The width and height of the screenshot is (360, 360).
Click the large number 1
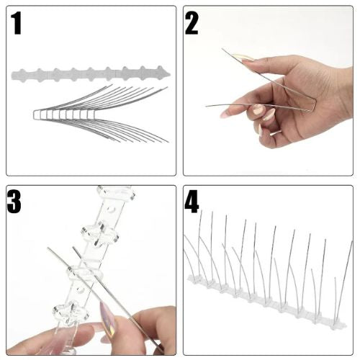[16, 24]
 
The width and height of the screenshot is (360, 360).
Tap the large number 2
[192, 23]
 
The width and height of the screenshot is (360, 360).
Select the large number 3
[14, 202]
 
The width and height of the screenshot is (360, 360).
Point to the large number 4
[192, 202]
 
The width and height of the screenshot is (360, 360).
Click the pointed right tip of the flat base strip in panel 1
[170, 74]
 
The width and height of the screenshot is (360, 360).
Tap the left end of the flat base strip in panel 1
[12, 76]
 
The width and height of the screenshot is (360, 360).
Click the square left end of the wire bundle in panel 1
[34, 114]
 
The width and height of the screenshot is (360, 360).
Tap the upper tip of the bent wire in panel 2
[222, 49]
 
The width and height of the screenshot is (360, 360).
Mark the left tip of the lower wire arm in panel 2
[206, 106]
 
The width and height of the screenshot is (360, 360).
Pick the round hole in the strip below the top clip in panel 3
[111, 210]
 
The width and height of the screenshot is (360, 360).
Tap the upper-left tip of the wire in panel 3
[48, 248]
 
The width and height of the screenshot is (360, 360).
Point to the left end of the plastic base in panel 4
[189, 279]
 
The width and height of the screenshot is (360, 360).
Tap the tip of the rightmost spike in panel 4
[352, 241]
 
